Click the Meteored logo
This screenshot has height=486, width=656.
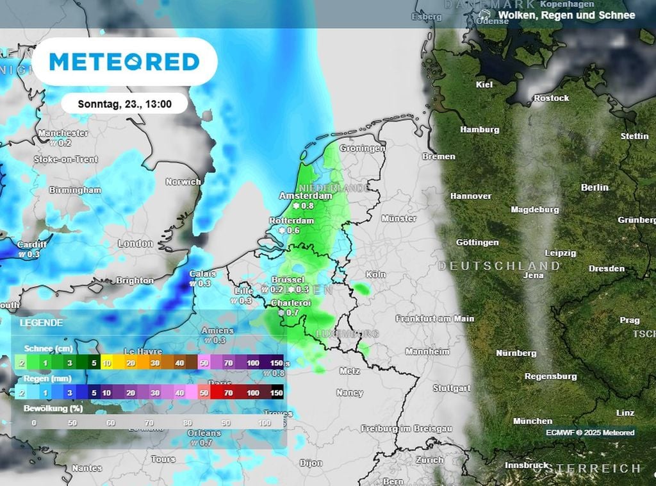(x=124, y=62)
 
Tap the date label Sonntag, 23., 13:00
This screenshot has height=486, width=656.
(x=124, y=103)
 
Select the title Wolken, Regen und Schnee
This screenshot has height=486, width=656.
(x=566, y=15)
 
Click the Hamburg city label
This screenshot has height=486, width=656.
(x=480, y=130)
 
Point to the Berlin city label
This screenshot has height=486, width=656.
(x=594, y=187)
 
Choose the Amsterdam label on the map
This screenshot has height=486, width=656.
(x=306, y=196)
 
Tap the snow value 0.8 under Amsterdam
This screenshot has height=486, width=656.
(x=307, y=206)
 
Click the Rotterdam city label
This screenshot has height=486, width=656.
(x=291, y=221)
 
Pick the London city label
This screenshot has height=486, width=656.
(x=135, y=244)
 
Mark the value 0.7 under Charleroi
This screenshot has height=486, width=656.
(x=292, y=312)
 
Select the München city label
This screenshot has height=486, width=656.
(x=532, y=421)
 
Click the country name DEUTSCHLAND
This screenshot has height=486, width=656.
(x=499, y=265)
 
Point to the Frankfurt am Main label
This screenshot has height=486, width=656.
(x=435, y=319)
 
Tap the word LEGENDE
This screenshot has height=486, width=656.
(x=41, y=323)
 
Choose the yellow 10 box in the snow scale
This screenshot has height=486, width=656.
(x=106, y=364)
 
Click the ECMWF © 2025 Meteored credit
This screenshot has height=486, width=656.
(x=590, y=433)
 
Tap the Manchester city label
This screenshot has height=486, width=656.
(x=63, y=133)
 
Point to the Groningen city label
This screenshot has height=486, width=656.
(x=363, y=148)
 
